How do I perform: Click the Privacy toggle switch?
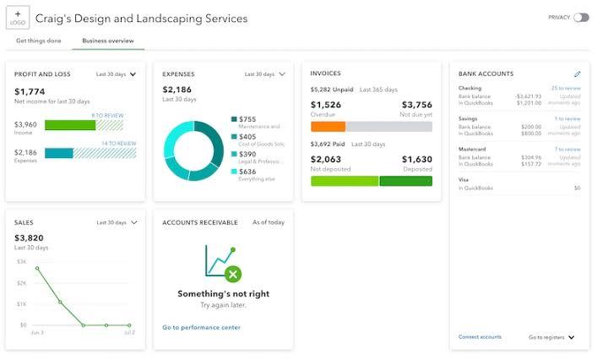point(581,17)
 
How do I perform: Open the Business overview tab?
point(108,41)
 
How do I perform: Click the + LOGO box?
point(17,17)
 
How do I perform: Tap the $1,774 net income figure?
point(30,91)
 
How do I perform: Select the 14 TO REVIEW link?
point(118,144)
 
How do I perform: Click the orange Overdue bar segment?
point(328,127)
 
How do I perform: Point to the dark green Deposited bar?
point(405,181)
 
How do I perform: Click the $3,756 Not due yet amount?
point(415,105)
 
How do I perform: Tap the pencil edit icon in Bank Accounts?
point(578,74)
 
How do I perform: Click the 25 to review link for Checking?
point(566,88)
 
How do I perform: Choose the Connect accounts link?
point(480,337)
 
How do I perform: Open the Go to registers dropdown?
point(551,337)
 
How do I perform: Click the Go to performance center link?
point(201,327)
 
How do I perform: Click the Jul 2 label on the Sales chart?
point(129,334)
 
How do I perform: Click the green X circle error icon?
point(233,274)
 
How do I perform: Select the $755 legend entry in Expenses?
point(247,119)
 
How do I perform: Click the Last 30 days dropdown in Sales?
point(117,223)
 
